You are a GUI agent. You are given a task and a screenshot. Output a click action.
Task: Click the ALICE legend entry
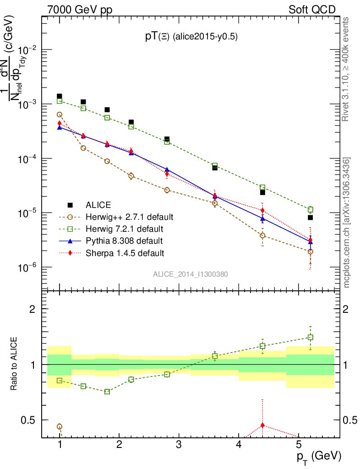(x=98, y=205)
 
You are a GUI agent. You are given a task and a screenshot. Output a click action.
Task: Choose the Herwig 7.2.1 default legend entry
(x=124, y=229)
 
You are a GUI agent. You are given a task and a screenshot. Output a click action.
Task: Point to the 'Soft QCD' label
(x=312, y=10)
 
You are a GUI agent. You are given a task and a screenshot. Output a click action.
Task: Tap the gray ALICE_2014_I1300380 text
(x=191, y=274)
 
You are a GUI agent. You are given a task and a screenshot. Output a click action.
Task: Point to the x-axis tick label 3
(x=179, y=444)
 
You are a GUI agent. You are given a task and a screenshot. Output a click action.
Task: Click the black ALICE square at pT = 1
(x=60, y=97)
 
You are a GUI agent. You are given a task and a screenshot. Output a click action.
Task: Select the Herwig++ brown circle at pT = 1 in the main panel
(x=60, y=115)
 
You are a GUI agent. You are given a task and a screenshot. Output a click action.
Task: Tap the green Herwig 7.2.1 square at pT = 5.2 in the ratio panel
(x=311, y=338)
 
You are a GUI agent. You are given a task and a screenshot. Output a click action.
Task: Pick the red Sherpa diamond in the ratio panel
(x=262, y=425)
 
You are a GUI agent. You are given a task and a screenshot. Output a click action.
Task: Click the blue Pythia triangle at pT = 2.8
(x=167, y=169)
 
